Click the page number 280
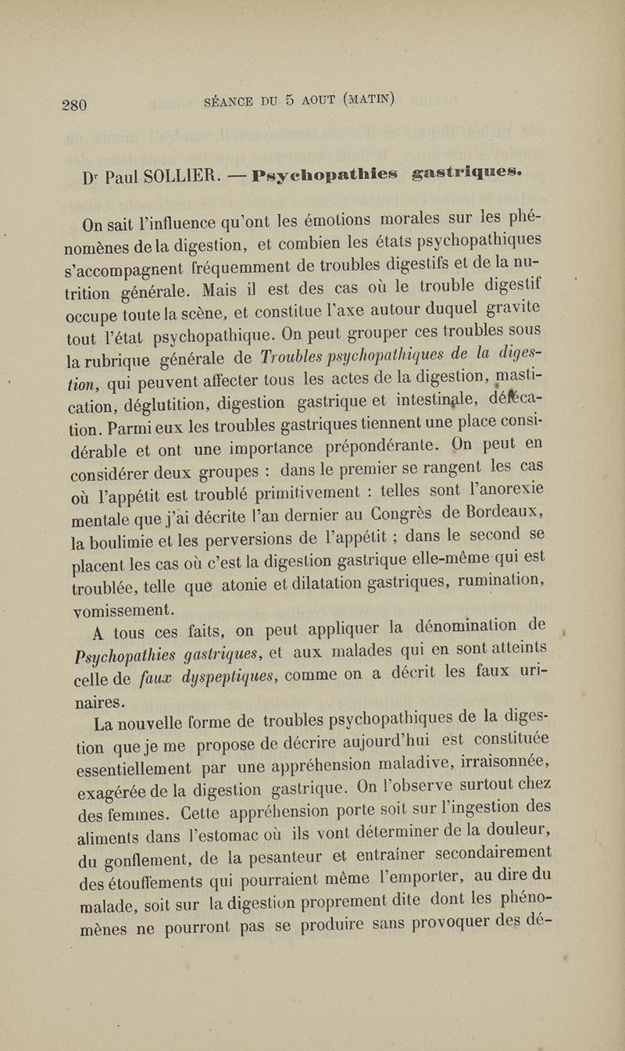(x=77, y=104)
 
